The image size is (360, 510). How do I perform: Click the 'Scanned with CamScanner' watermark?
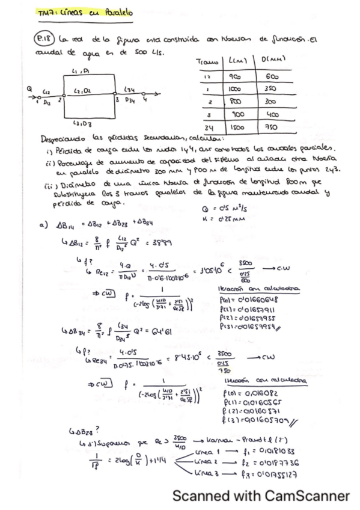point(261,496)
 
